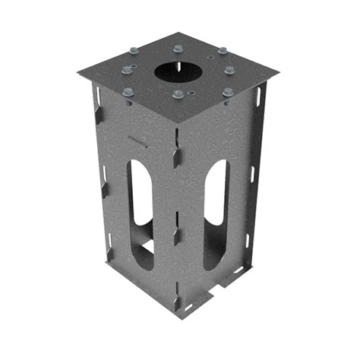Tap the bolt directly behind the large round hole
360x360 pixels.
pos(178,49)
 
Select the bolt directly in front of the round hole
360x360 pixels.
pos(177,95)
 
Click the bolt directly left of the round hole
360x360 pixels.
pos(127,71)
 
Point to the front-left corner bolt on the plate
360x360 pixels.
pos(128,93)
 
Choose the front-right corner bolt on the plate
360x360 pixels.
pos(227,92)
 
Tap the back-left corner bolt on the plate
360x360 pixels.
pos(134,51)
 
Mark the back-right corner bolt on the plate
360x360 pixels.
pos(222,51)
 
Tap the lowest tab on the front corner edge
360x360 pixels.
pos(177,302)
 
